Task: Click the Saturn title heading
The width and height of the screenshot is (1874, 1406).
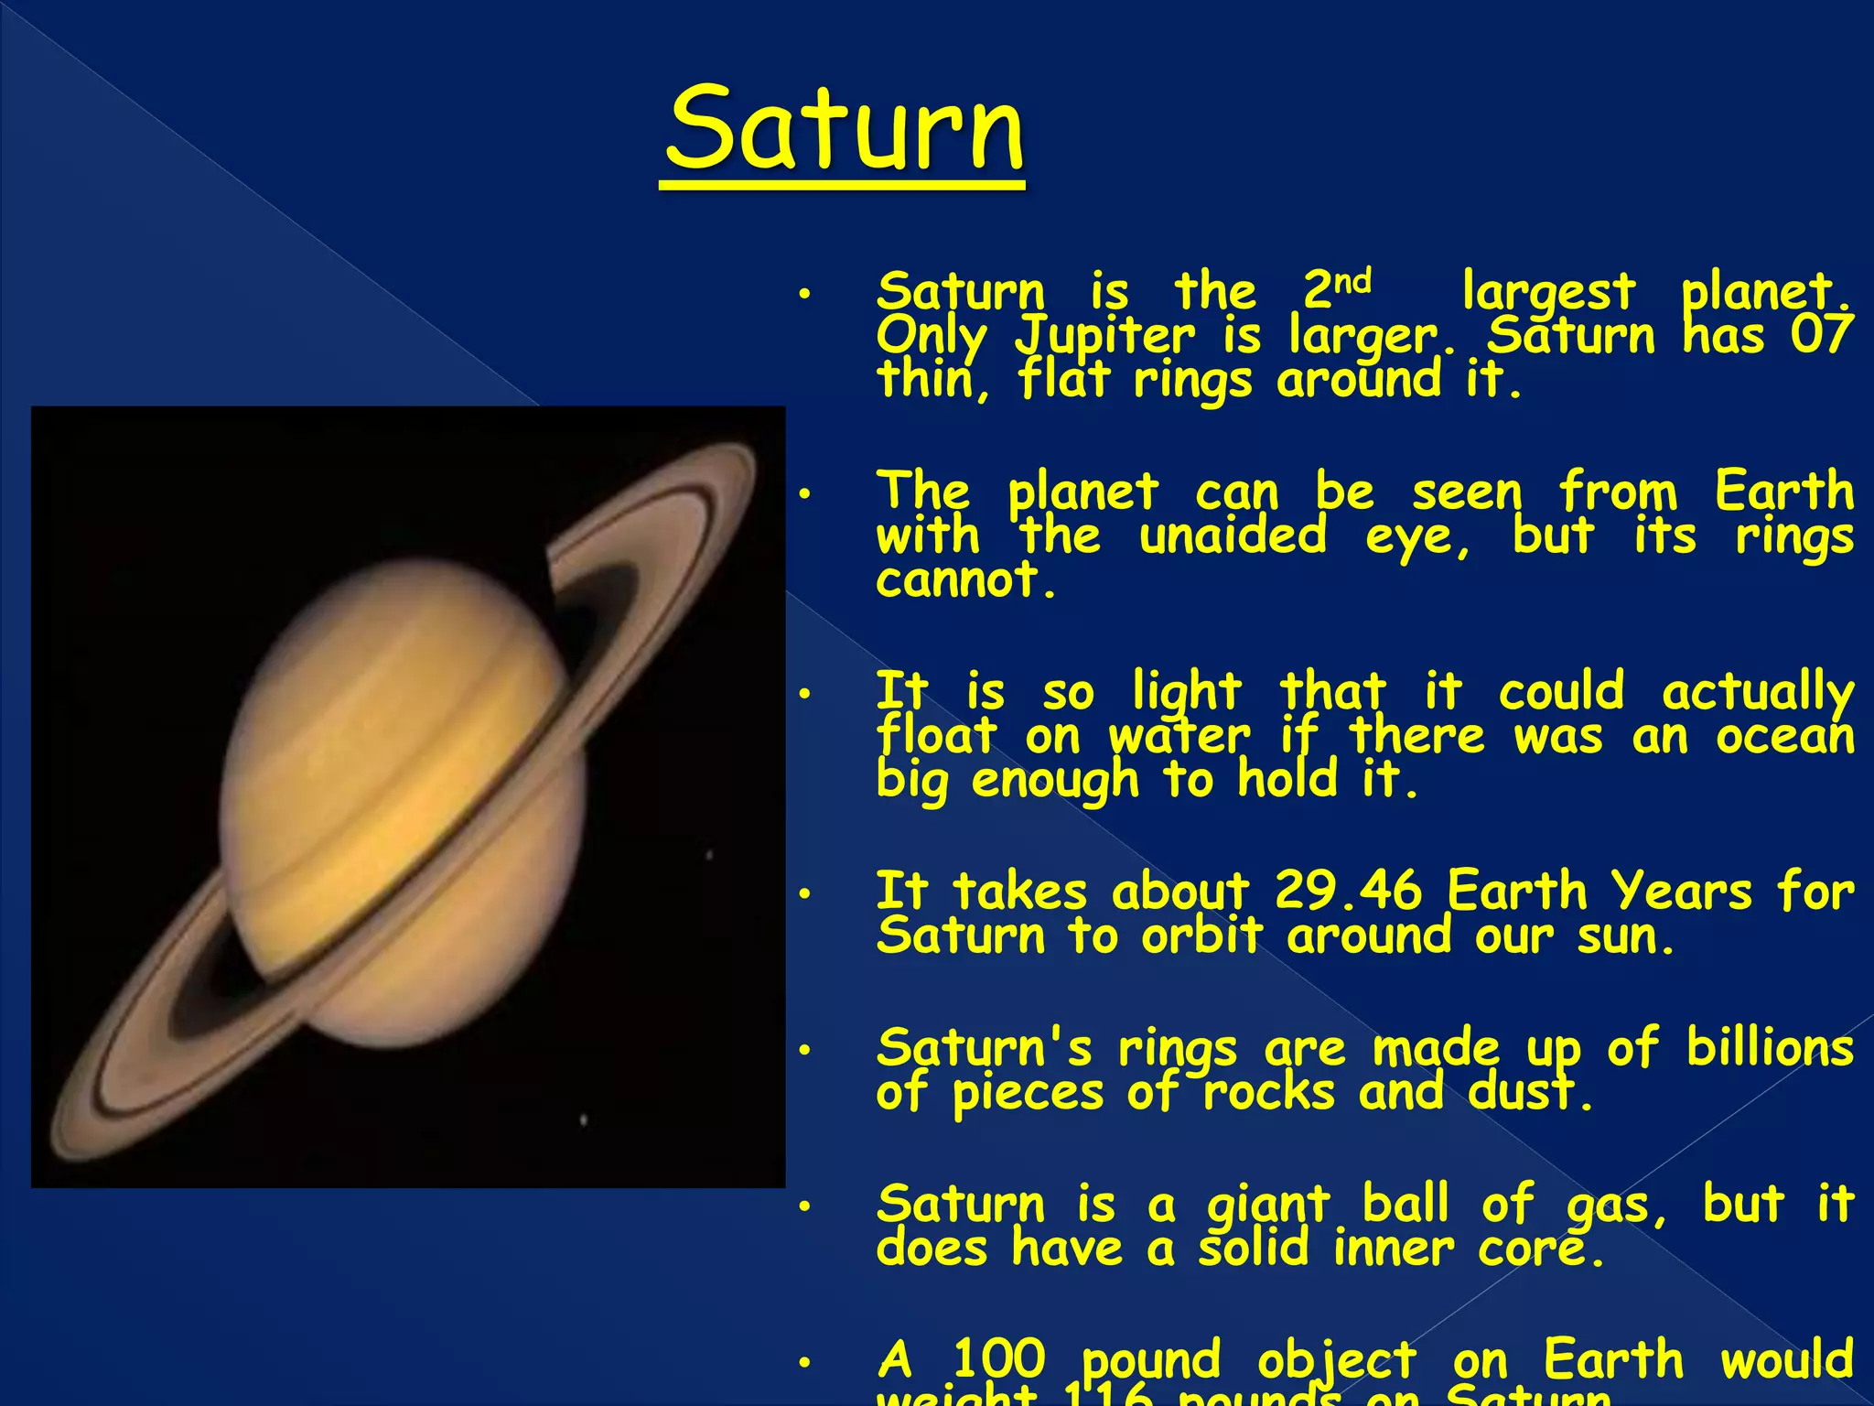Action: coord(844,130)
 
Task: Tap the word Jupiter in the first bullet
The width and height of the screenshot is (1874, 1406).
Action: coord(1104,337)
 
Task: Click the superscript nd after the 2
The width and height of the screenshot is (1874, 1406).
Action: coord(1352,280)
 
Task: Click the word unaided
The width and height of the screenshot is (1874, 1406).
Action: coord(1233,535)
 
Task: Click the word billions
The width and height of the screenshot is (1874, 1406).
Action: coord(1770,1047)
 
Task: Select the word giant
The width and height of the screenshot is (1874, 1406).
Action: coord(1267,1205)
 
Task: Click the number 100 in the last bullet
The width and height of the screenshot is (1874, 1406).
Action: coord(998,1359)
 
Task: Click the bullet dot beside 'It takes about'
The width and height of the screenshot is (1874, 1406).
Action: coord(804,893)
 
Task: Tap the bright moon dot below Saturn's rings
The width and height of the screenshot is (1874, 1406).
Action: coord(584,1119)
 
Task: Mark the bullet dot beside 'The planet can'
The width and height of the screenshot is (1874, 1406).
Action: coord(804,494)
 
